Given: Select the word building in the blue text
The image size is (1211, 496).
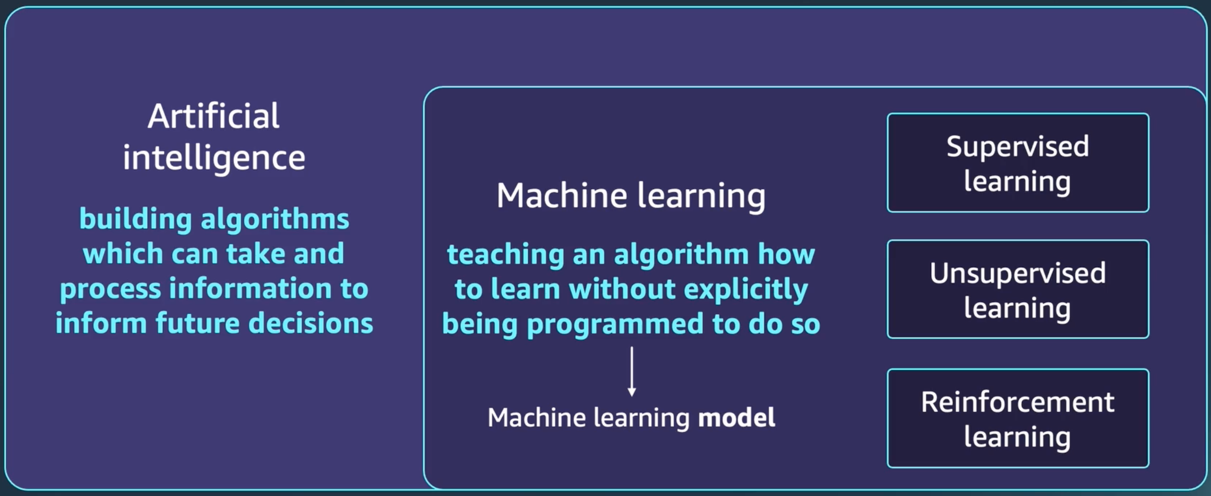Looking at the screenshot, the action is point(136,219).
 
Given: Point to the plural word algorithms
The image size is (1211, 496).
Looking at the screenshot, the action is point(275,219).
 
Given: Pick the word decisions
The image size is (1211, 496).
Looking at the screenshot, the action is point(311,323).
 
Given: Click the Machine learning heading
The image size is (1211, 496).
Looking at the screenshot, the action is point(631,196).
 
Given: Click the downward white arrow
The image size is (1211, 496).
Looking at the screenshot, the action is point(632,372).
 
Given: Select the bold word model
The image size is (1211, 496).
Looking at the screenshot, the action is point(737,418).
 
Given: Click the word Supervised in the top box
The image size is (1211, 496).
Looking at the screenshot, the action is point(1018,147).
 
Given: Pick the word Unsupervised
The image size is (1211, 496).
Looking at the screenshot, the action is point(1018,274).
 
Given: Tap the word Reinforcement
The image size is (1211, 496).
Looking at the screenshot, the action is point(1018,402).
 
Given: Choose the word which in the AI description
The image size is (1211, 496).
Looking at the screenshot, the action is point(123,254).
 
